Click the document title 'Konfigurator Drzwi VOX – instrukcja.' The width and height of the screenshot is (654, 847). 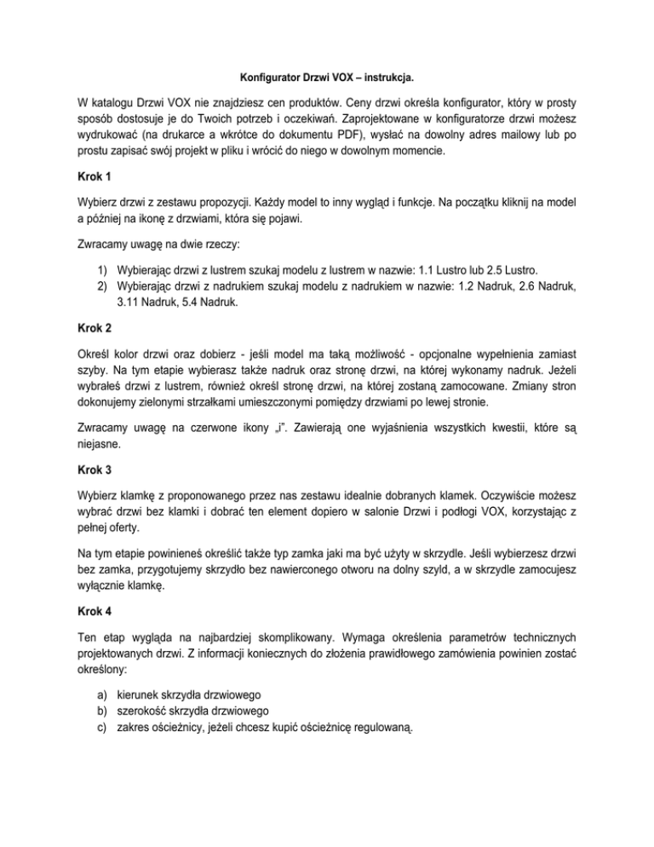(x=326, y=77)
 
